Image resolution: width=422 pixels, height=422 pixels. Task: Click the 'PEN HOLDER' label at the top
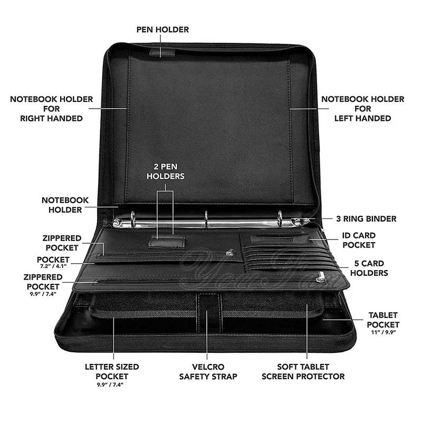(162, 30)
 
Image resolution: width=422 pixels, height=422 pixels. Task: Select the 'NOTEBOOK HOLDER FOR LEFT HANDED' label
(362, 109)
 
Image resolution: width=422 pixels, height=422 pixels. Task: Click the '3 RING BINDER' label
(366, 218)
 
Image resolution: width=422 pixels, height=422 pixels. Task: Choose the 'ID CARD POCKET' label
(359, 239)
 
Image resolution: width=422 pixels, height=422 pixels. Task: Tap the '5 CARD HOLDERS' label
(369, 268)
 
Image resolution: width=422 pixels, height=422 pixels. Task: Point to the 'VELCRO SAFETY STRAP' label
(207, 371)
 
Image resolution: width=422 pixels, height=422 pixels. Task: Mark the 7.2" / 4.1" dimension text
(53, 267)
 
